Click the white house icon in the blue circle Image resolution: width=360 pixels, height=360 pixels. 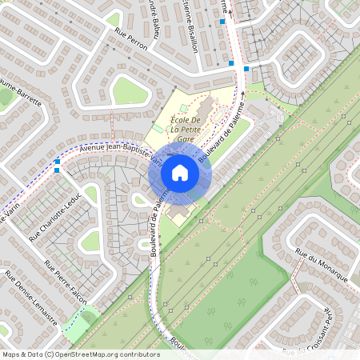point(180,172)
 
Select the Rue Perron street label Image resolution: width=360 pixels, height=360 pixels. point(131,40)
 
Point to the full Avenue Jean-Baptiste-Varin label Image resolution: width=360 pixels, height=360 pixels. point(122,155)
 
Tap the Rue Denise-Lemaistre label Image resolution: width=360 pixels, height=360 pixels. point(31,299)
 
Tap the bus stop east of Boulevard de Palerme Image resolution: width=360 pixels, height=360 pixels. point(246,69)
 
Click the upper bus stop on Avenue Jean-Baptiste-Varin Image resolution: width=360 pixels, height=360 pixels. point(58,162)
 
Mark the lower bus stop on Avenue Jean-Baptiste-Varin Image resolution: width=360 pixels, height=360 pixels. point(56,170)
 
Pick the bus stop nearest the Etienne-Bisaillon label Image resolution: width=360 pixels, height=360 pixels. point(222,22)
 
